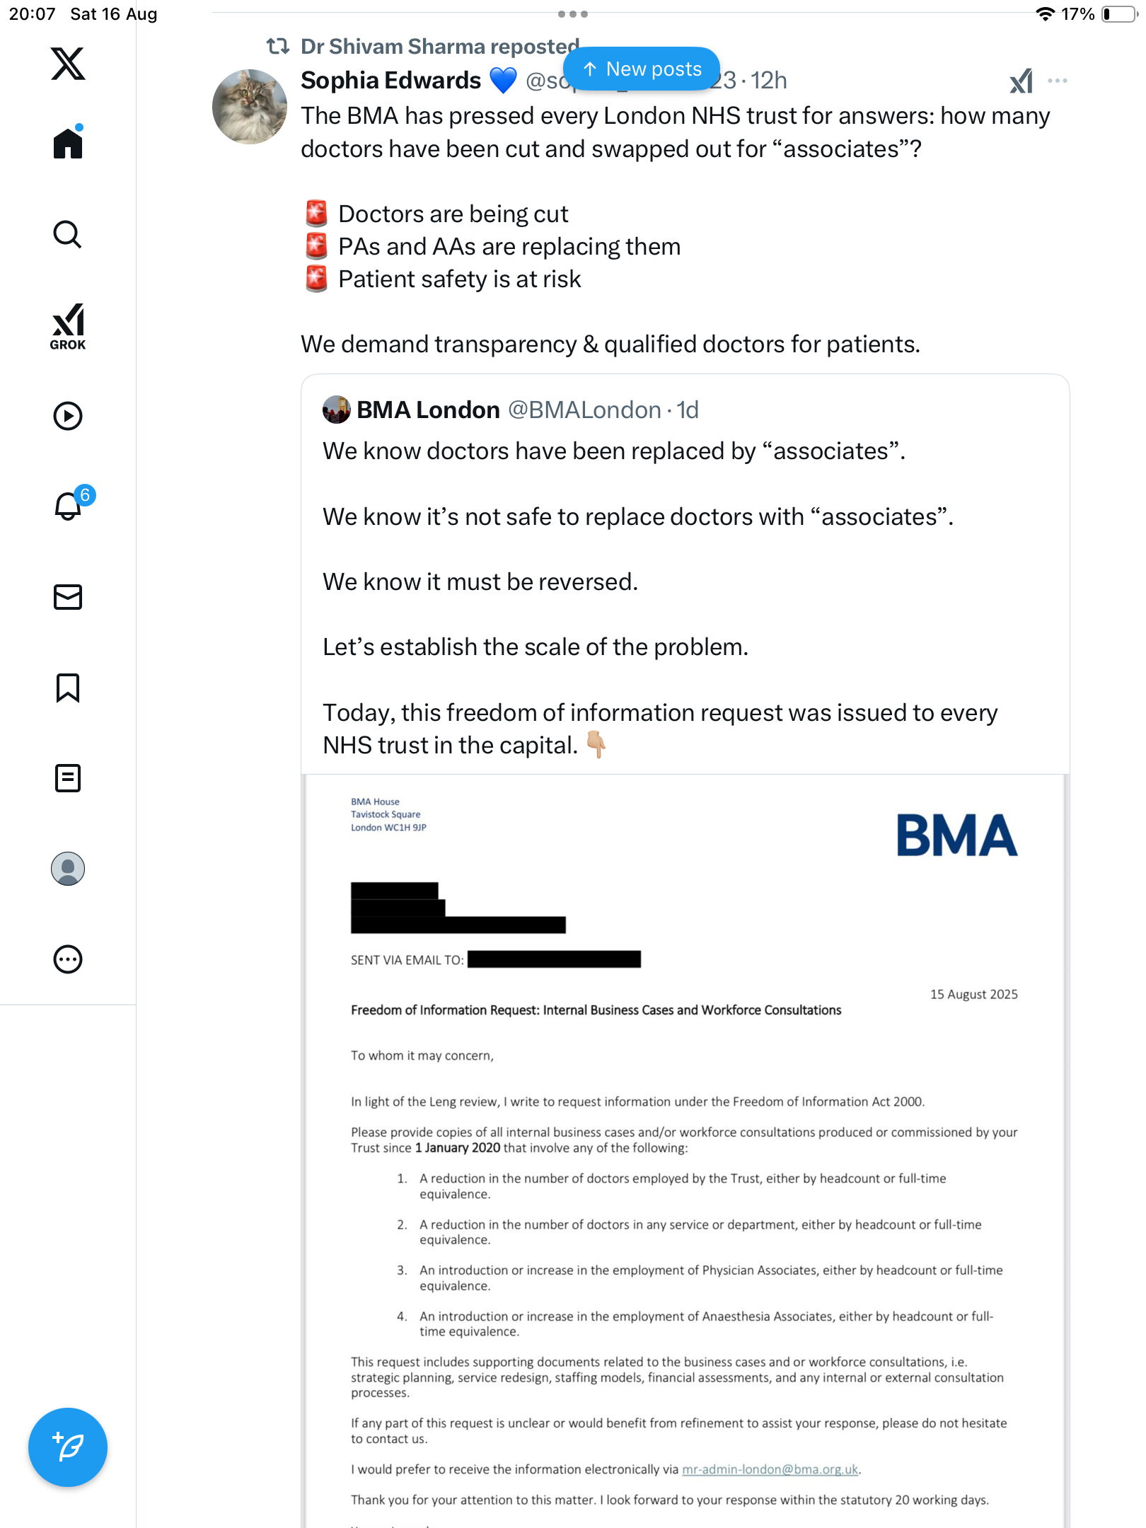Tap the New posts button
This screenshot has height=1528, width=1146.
coord(642,69)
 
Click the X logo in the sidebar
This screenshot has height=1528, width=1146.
coord(68,64)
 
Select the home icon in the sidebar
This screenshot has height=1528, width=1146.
coord(68,143)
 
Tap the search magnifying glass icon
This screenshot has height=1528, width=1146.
coord(68,234)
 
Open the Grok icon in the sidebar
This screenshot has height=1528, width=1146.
coord(68,326)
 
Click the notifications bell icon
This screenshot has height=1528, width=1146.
coord(68,506)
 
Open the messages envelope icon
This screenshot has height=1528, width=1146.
coord(68,597)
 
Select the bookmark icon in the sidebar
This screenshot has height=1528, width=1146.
coord(68,688)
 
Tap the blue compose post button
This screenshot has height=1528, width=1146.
coord(68,1447)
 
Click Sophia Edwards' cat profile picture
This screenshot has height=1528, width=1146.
coord(250,107)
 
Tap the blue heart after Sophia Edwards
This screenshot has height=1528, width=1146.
coord(503,81)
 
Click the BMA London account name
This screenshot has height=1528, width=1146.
coord(428,410)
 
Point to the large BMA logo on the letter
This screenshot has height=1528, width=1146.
coord(956,835)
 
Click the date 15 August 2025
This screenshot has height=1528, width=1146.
coord(973,994)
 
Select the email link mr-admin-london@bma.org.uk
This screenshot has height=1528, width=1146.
coord(770,1469)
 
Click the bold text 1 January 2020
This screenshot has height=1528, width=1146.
coord(458,1147)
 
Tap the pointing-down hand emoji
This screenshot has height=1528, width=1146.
coord(596,744)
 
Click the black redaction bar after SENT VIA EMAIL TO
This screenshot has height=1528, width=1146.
coord(554,959)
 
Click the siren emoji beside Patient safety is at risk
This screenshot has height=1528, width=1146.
coord(316,279)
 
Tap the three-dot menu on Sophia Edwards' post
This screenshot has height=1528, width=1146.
coord(1057,81)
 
